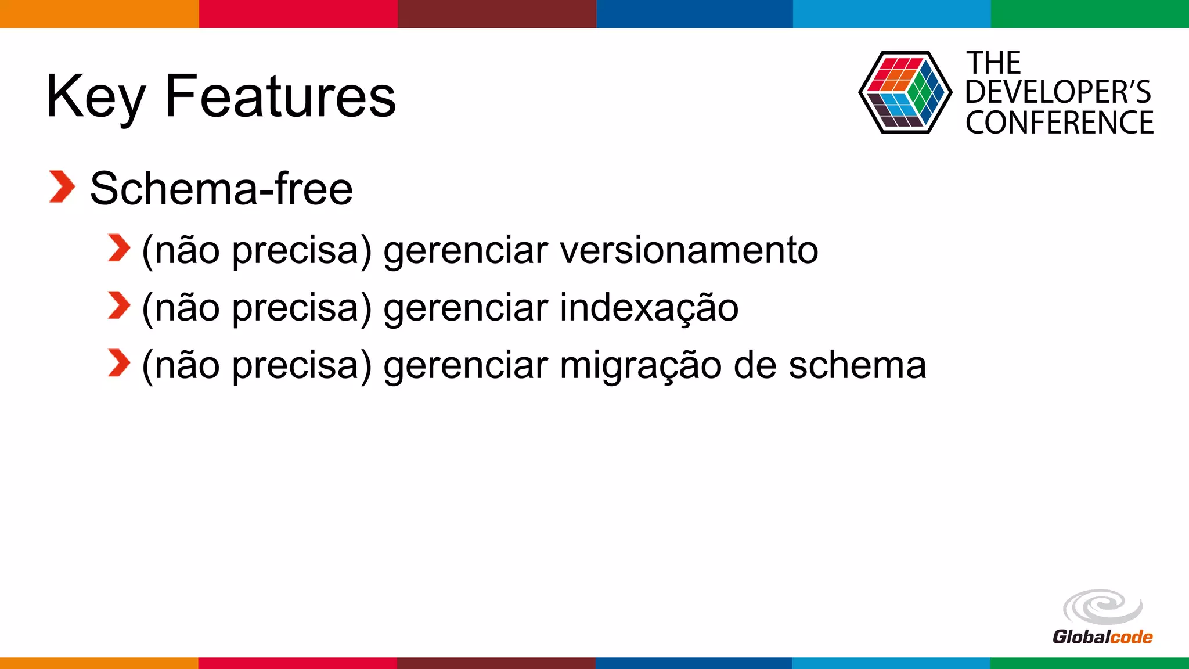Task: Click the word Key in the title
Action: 96,98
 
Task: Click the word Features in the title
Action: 280,96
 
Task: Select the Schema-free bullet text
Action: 221,189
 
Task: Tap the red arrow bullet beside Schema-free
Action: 62,187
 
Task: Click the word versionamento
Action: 689,250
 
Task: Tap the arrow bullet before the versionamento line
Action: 119,249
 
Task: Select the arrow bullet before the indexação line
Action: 119,306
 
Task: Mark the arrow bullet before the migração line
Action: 119,364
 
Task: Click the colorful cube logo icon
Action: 905,93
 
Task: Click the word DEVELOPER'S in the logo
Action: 1058,92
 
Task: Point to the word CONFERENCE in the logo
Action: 1060,123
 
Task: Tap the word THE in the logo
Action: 993,63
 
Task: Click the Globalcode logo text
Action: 1102,637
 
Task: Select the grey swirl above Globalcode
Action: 1102,607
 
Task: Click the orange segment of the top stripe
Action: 99,13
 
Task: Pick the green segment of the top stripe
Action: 1090,13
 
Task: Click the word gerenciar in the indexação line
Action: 466,308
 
